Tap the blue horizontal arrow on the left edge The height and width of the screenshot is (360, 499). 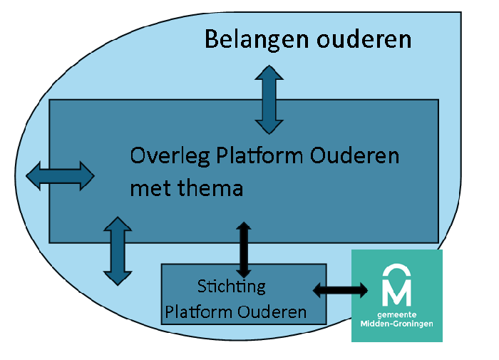pos(60,175)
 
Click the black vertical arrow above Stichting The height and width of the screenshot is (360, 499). pos(244,250)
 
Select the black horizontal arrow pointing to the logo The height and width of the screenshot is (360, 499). pos(341,289)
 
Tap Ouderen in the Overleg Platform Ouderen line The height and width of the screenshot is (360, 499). pos(355,156)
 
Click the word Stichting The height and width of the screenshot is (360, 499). pos(231,287)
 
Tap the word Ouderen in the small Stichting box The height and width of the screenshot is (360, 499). pos(272,312)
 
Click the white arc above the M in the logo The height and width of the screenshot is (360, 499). pos(397,271)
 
